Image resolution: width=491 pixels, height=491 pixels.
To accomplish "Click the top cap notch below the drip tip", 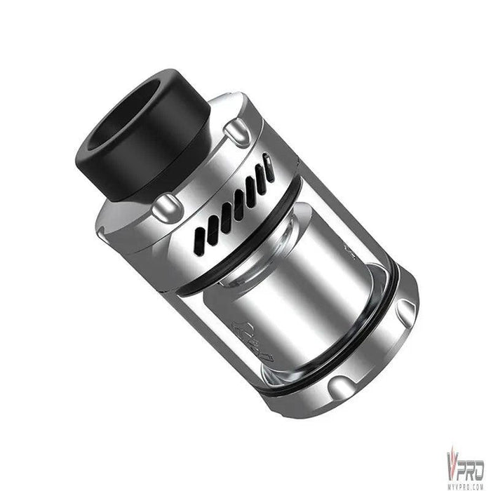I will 164,205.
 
